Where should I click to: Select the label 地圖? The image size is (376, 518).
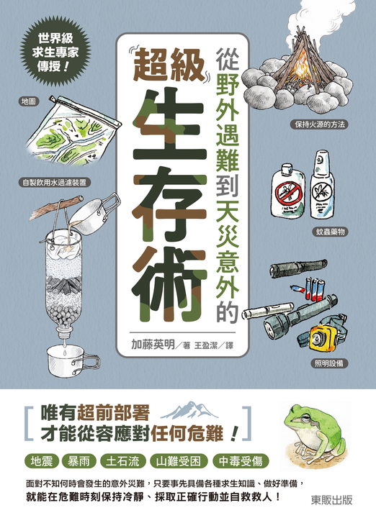click(28, 101)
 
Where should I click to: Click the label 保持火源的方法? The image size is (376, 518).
click(319, 124)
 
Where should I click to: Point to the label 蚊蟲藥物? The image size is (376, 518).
click(329, 232)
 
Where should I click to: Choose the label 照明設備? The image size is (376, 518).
click(329, 363)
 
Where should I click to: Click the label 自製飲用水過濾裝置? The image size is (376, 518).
click(55, 182)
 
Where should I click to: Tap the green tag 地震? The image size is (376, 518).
click(42, 461)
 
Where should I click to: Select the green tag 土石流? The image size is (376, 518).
click(123, 461)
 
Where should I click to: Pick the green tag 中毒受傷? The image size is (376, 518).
click(241, 461)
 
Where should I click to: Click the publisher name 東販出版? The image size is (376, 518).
click(331, 500)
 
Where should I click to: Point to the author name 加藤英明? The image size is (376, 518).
click(153, 345)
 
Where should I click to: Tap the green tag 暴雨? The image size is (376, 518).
click(79, 461)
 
